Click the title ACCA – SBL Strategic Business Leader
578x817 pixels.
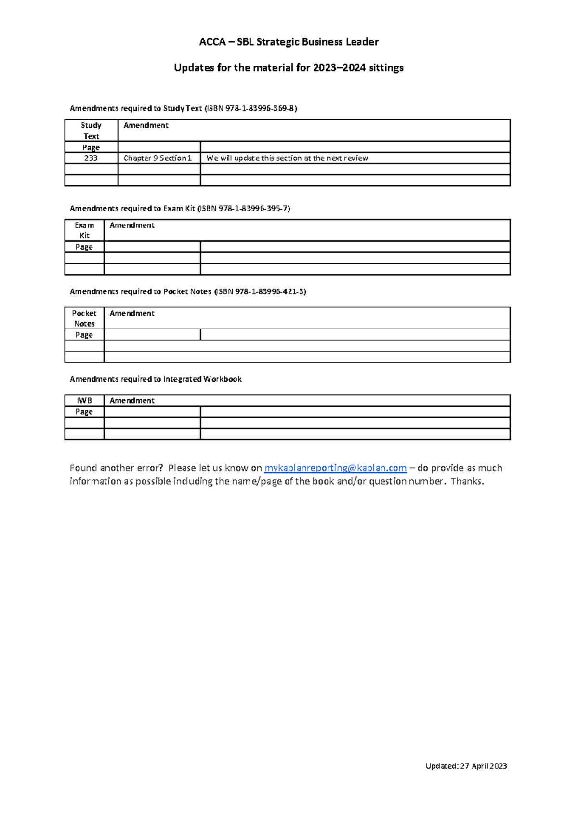(289, 42)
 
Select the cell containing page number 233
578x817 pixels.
(91, 158)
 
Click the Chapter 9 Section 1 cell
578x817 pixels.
(158, 158)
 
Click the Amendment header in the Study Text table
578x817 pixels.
(146, 125)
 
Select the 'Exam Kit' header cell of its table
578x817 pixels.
(84, 230)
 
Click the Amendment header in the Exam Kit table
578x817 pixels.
(132, 225)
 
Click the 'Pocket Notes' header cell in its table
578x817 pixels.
(84, 318)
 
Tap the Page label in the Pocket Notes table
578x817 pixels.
(84, 335)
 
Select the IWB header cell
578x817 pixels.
(84, 400)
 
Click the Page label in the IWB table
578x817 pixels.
(84, 412)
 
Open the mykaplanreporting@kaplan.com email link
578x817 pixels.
(335, 468)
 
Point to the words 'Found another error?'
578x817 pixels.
(116, 468)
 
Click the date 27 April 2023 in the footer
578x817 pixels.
(484, 766)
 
